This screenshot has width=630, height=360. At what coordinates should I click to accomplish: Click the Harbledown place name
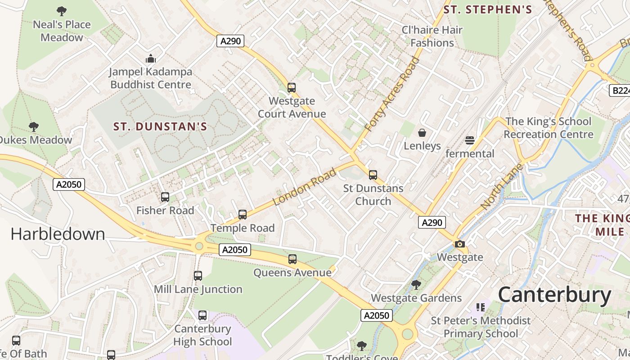(58, 234)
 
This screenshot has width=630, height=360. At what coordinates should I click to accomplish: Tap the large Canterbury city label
(554, 295)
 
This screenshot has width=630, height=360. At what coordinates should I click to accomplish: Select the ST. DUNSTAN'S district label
(160, 126)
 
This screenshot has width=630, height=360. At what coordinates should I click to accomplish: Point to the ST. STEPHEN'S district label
(488, 9)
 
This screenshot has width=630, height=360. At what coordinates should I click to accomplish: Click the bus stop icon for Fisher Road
(165, 197)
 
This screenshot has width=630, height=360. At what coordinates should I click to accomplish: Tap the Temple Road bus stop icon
(243, 215)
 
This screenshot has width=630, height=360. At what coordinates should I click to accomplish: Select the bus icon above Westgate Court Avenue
(292, 88)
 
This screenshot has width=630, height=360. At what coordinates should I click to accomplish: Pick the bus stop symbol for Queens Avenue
(292, 259)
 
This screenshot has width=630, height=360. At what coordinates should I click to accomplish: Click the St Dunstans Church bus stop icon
(373, 175)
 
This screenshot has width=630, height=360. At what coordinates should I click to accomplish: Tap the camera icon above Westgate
(460, 244)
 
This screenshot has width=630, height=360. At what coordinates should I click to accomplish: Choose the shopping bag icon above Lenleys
(422, 133)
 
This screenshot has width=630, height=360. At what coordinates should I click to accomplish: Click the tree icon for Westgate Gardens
(416, 285)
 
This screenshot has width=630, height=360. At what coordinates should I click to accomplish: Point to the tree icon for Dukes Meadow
(34, 127)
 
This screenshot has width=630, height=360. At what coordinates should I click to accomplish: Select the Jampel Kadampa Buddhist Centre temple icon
(150, 58)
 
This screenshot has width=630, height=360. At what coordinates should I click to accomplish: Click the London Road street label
(305, 187)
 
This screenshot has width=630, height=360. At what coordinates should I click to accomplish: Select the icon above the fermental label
(470, 140)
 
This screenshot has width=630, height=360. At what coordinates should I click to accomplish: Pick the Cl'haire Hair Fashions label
(432, 36)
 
